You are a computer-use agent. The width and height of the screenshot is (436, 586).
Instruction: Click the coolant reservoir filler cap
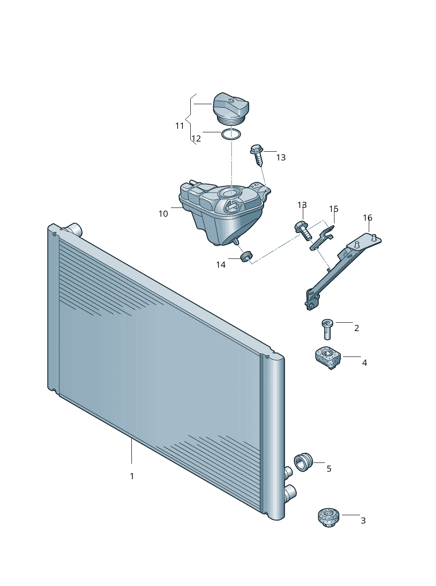coord(231,109)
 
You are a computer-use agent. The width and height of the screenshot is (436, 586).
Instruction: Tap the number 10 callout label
coord(163,214)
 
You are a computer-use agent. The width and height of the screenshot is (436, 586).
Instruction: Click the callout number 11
coord(180,126)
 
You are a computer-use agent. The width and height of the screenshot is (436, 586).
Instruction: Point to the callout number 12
coord(196,138)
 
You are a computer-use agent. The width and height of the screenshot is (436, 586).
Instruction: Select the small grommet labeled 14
coord(247,256)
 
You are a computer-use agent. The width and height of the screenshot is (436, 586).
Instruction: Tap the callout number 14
coord(221,265)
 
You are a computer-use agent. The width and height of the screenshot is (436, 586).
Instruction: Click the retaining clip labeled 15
coord(322,238)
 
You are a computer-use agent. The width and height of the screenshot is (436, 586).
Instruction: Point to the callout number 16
coord(367,218)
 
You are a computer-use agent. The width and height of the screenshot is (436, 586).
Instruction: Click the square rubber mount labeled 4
coord(328,357)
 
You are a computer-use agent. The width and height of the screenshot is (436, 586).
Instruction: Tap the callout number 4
coord(364,363)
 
